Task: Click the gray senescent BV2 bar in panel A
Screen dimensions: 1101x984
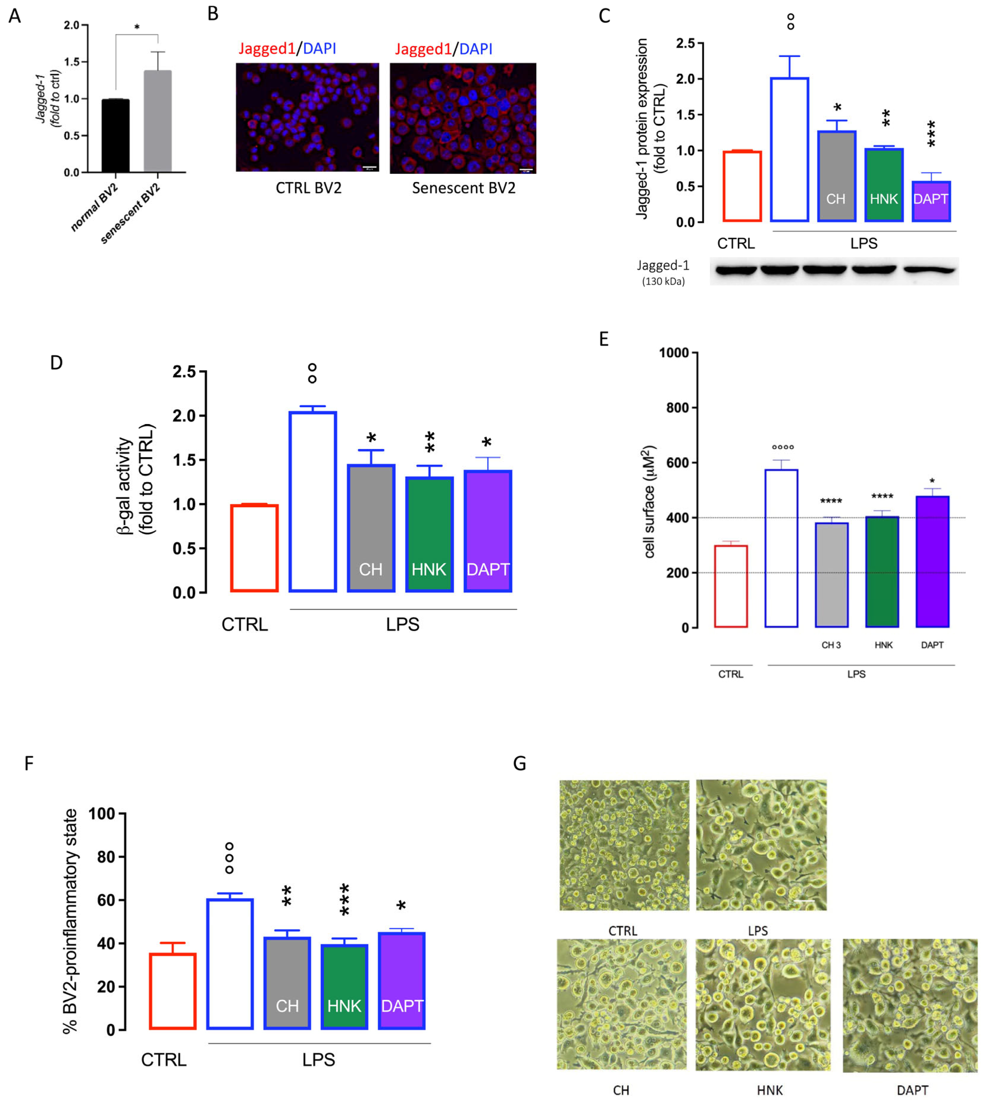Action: click(157, 122)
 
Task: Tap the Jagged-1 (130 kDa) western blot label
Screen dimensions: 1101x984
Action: click(663, 272)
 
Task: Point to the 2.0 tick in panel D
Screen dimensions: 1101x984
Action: click(184, 415)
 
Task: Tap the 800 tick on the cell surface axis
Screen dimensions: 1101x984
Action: click(677, 408)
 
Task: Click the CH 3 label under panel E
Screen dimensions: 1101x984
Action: click(831, 645)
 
